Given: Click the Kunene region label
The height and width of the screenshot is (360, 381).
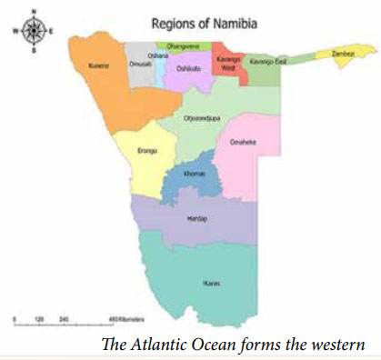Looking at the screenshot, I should [x=99, y=66].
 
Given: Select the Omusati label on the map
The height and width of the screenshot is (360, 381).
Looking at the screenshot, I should [x=140, y=64].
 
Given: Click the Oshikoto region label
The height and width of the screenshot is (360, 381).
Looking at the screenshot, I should [x=188, y=68].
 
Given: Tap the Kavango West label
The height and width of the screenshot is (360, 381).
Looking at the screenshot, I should [x=228, y=63].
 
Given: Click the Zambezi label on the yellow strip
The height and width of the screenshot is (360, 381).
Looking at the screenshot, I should [x=342, y=55].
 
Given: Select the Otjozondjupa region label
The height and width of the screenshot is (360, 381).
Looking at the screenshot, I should [x=202, y=119].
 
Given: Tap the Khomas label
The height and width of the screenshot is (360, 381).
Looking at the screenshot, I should [x=194, y=174].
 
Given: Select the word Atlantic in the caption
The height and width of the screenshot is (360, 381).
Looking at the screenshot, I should [x=179, y=345].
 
